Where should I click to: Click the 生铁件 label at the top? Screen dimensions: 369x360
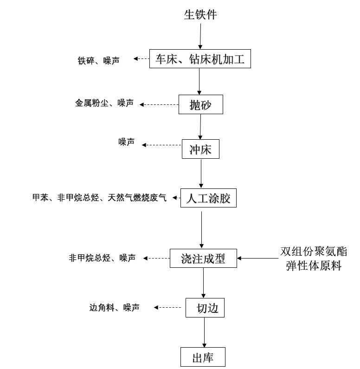(x=200, y=15)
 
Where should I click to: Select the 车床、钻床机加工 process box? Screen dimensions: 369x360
(x=200, y=59)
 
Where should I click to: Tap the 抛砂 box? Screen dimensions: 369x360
(x=201, y=104)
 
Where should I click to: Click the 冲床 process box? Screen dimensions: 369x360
(x=200, y=149)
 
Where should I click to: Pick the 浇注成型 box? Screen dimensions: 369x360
(x=203, y=259)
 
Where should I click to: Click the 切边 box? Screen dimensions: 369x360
(x=205, y=308)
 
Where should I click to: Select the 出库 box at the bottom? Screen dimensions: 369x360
(x=203, y=357)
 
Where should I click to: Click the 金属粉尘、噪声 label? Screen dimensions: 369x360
(x=104, y=103)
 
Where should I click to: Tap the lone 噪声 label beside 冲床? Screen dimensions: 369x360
(x=126, y=142)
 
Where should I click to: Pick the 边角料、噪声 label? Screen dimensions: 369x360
(x=114, y=307)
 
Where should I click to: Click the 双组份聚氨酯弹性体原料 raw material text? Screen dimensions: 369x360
(x=313, y=259)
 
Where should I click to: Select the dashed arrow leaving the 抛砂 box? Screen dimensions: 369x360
(x=160, y=104)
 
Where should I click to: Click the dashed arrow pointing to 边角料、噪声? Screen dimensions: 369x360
(x=167, y=307)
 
